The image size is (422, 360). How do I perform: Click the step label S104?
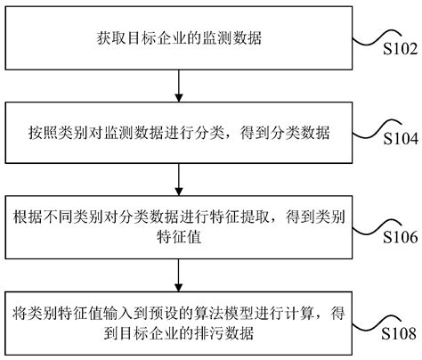click(399, 139)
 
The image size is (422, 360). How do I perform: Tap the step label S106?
click(399, 238)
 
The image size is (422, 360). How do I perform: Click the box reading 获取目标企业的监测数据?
click(179, 39)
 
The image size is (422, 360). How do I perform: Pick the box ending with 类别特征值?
click(179, 225)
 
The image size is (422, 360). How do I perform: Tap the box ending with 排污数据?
click(179, 324)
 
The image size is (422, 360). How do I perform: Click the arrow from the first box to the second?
click(179, 85)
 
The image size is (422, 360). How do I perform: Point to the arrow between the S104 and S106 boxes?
click(179, 178)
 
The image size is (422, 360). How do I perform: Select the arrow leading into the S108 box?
click(179, 274)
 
